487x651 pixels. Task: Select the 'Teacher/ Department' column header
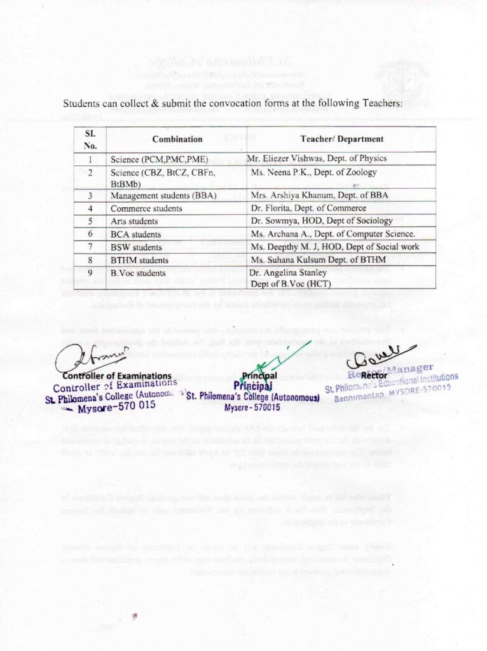[341, 139]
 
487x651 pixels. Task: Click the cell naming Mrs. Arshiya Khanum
[309, 195]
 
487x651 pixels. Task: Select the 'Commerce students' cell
[146, 208]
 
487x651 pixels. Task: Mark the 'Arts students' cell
[135, 221]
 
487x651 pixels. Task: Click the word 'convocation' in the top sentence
[221, 104]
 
